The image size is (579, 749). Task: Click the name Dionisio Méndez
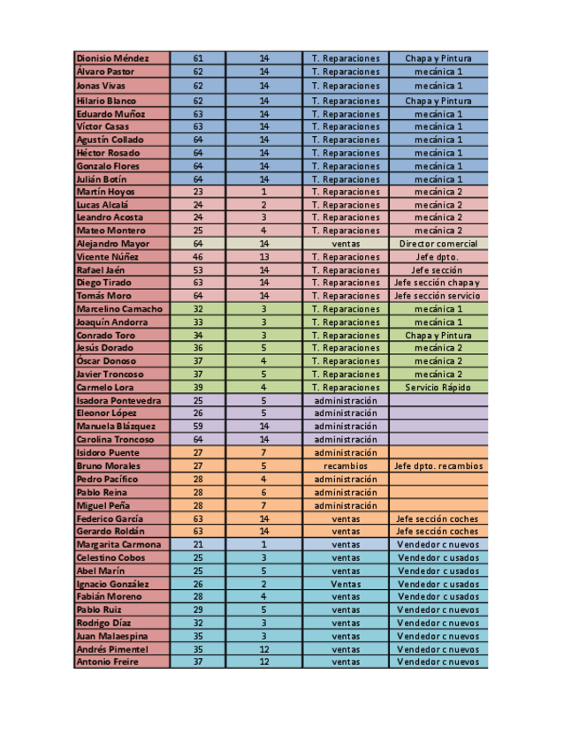[113, 58]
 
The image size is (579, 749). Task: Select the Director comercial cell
[438, 244]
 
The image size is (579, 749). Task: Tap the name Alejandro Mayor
[113, 244]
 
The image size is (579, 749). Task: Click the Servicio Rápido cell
[438, 388]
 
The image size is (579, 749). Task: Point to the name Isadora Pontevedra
[119, 401]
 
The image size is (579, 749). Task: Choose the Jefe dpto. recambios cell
[438, 466]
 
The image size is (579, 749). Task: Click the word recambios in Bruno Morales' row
[346, 466]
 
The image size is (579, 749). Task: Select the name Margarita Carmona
[118, 545]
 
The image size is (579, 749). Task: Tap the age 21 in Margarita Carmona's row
[197, 545]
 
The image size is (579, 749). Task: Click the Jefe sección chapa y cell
[438, 284]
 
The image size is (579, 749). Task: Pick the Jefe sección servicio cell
[438, 296]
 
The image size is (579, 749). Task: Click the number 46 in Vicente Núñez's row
[197, 257]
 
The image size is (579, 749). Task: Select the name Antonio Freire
[108, 662]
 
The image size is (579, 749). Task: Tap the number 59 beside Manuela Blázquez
[197, 427]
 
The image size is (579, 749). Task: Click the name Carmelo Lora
[106, 388]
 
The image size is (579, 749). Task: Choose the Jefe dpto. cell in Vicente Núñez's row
[438, 257]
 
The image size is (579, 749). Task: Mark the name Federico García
[110, 519]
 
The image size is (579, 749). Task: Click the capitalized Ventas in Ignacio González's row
[346, 584]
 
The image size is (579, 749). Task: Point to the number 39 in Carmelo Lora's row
[197, 388]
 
